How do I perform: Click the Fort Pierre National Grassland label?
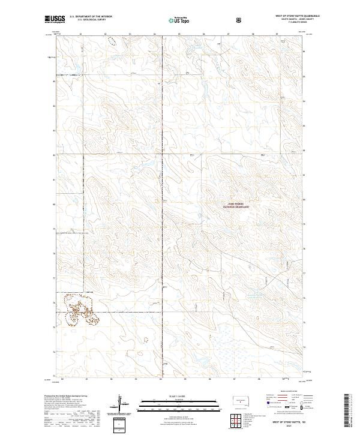(236, 204)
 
